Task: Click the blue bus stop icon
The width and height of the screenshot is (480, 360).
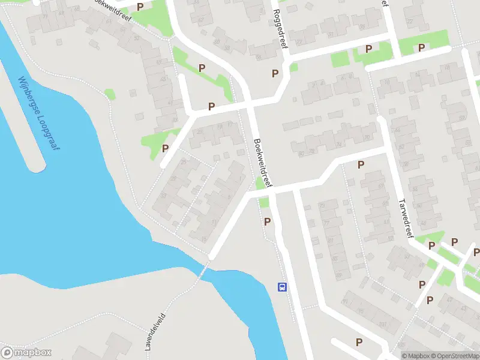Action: click(282, 287)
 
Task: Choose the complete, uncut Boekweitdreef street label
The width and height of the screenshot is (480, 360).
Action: click(263, 163)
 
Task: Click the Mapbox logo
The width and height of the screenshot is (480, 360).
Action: click(26, 352)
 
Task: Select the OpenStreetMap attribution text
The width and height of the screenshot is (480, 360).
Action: click(455, 356)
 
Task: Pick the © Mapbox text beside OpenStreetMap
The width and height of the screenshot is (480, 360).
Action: click(416, 356)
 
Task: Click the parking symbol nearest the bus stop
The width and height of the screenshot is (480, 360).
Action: click(268, 221)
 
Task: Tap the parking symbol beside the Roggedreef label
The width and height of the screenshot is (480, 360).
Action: click(275, 73)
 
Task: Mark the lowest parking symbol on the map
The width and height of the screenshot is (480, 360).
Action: click(359, 342)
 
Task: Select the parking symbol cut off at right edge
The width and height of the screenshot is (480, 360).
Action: click(476, 252)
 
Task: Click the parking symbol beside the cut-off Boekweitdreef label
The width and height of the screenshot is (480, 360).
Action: click(140, 7)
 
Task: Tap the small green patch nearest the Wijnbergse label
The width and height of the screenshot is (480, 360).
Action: click(109, 94)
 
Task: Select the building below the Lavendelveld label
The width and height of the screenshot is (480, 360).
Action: click(114, 351)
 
